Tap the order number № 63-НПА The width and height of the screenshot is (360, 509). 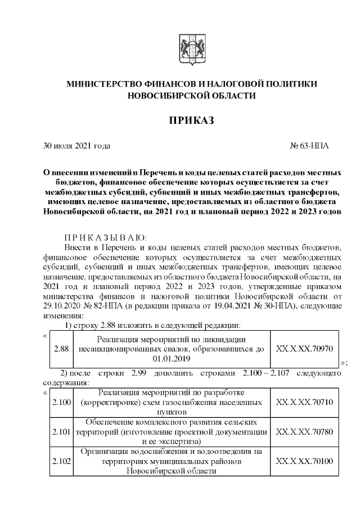click(x=309, y=146)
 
